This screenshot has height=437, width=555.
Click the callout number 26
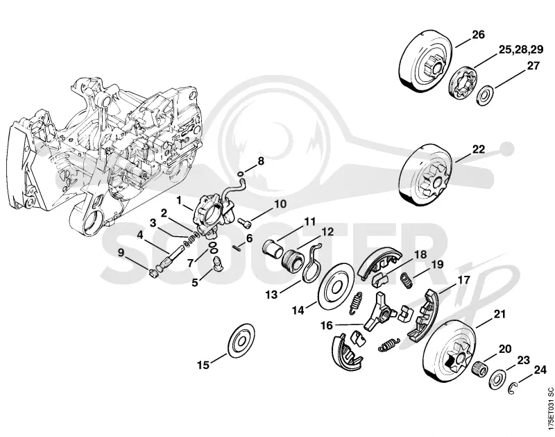(478, 35)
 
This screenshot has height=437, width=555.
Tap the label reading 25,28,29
(521, 49)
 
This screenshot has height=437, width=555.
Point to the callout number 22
(478, 149)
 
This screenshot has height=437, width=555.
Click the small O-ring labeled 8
(241, 174)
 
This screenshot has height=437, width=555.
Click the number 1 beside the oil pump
(179, 201)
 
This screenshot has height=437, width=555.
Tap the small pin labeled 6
(237, 248)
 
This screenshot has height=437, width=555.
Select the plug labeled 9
(153, 273)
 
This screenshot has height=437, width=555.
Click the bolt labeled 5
(217, 264)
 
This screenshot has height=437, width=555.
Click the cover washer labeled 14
(336, 286)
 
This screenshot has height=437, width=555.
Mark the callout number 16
(327, 325)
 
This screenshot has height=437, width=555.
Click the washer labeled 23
(497, 379)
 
